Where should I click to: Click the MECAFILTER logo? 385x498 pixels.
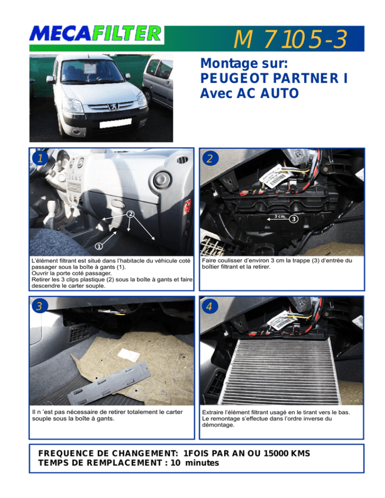pyautogui.click(x=96, y=34)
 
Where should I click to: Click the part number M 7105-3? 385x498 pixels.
pyautogui.click(x=290, y=40)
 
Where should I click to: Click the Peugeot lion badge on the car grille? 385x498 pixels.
pyautogui.click(x=113, y=106)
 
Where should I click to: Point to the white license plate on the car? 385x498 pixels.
pyautogui.click(x=115, y=123)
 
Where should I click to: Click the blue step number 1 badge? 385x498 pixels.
pyautogui.click(x=40, y=158)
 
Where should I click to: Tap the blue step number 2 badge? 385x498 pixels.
pyautogui.click(x=210, y=158)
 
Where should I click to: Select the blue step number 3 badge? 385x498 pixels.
pyautogui.click(x=40, y=306)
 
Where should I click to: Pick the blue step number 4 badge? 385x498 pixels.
pyautogui.click(x=210, y=307)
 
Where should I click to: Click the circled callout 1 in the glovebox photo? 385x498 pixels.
pyautogui.click(x=99, y=246)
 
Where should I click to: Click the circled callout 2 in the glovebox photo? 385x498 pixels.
pyautogui.click(x=130, y=214)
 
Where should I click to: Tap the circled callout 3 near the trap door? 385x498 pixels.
pyautogui.click(x=294, y=219)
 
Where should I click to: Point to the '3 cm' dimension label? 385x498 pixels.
pyautogui.click(x=279, y=216)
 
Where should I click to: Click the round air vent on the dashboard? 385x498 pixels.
pyautogui.click(x=162, y=180)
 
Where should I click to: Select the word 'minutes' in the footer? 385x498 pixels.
pyautogui.click(x=202, y=463)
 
